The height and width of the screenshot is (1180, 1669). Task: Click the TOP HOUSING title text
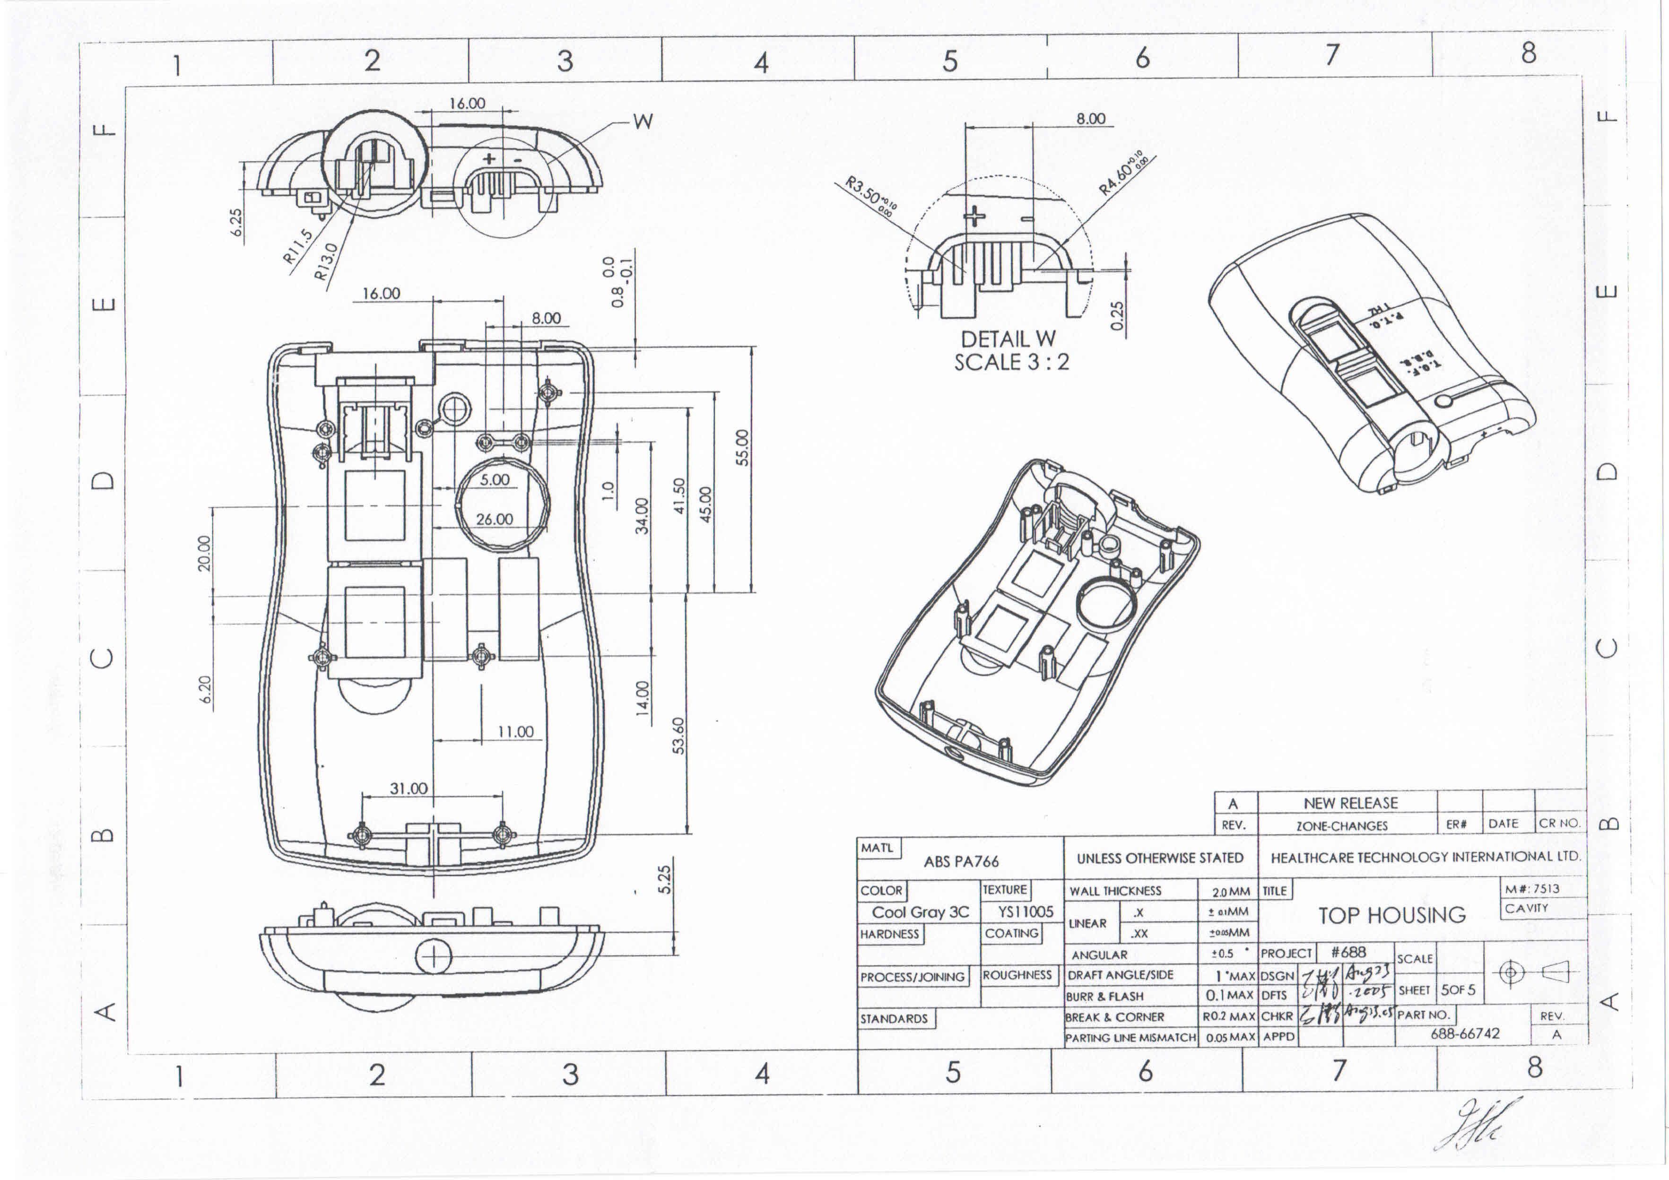coord(1392,915)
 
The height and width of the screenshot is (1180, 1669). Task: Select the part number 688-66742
coord(1465,1033)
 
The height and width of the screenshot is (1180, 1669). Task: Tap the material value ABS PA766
coord(961,861)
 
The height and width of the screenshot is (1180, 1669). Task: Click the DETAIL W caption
coord(1008,339)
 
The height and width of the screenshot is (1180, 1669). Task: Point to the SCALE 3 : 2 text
coord(1011,362)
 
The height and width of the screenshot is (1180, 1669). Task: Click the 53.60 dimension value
coord(679,735)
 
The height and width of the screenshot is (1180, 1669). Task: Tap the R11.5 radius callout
coord(298,246)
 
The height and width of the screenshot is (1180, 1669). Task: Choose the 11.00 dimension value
coord(515,731)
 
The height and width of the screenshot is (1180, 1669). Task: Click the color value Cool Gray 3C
coord(920,912)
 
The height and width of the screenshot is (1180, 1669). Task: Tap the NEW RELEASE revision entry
coord(1351,803)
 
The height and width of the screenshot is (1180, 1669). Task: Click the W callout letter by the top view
coord(643,121)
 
